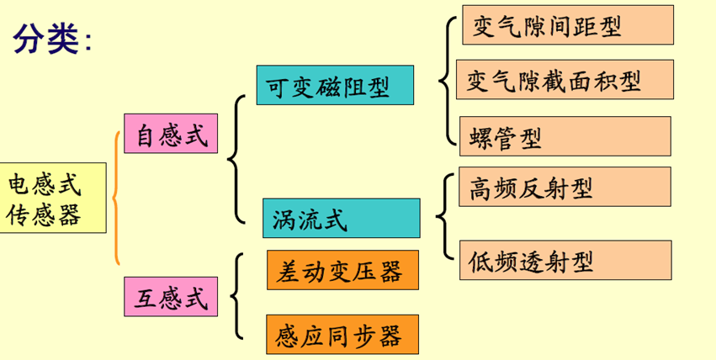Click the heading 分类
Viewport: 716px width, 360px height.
(x=46, y=39)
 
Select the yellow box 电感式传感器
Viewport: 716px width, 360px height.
(x=52, y=198)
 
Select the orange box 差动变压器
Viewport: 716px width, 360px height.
(x=341, y=271)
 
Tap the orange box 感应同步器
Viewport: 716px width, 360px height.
(x=341, y=335)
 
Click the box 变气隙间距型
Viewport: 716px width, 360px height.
(x=567, y=25)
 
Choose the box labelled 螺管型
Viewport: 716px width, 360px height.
(x=565, y=136)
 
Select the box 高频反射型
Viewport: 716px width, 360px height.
(x=564, y=188)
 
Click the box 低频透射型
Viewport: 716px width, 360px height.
(x=565, y=261)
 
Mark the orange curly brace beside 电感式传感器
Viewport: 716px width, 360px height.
(x=116, y=198)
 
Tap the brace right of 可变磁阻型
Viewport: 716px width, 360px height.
(x=445, y=82)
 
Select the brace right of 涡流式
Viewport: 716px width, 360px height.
(x=443, y=216)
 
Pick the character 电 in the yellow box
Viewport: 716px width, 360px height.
(x=19, y=184)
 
